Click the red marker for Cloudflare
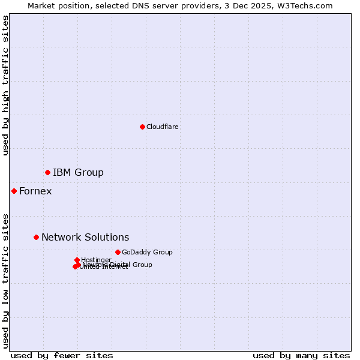tap(142, 127)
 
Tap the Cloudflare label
tap(162, 127)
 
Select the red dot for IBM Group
tap(47, 172)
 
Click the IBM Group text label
tap(78, 173)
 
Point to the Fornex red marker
tap(14, 191)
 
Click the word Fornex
tap(35, 191)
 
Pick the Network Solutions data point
tap(36, 237)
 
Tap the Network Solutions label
tap(85, 238)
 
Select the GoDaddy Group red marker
tap(118, 252)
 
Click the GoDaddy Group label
tap(147, 252)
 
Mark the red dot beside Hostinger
tap(77, 260)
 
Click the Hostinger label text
tap(96, 260)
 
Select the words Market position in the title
tap(57, 5)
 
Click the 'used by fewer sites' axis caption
tap(62, 355)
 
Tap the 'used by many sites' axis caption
tap(301, 355)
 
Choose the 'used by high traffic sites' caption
tap(5, 85)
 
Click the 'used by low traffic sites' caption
tap(5, 280)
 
